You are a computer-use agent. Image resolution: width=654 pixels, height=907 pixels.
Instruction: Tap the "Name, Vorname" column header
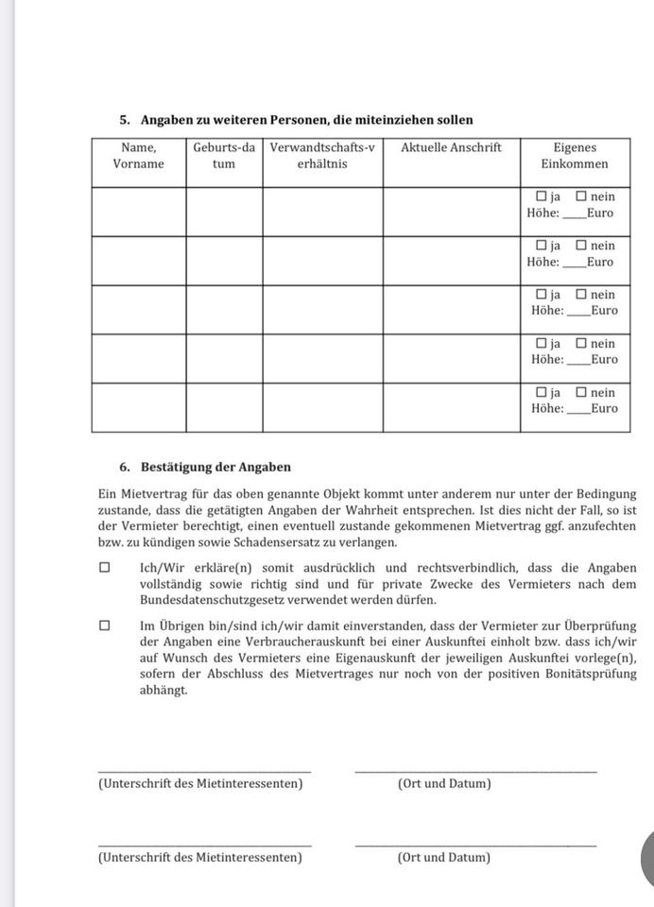pyautogui.click(x=138, y=156)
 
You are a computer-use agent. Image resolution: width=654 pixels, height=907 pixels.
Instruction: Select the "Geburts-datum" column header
pyautogui.click(x=224, y=156)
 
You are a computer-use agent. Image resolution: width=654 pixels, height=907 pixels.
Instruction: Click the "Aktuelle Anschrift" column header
pyautogui.click(x=451, y=147)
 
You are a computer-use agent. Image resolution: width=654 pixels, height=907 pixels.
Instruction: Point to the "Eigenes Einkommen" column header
pyautogui.click(x=575, y=156)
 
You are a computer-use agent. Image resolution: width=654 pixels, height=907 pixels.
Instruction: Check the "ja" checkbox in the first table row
pyautogui.click(x=542, y=197)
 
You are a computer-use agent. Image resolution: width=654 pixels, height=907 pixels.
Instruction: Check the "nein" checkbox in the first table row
pyautogui.click(x=581, y=197)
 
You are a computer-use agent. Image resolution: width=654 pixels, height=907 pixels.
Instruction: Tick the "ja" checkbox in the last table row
pyautogui.click(x=542, y=392)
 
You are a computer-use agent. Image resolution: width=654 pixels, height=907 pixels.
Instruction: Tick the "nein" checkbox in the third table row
pyautogui.click(x=581, y=295)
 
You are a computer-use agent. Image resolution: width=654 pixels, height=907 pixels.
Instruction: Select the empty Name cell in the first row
pyautogui.click(x=138, y=211)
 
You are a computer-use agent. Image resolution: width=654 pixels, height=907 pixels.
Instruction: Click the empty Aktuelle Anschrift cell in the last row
pyautogui.click(x=451, y=407)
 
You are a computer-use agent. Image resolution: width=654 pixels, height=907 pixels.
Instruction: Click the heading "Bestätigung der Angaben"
pyautogui.click(x=215, y=467)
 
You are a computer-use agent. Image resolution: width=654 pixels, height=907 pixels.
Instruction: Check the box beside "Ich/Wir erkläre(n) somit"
pyautogui.click(x=104, y=569)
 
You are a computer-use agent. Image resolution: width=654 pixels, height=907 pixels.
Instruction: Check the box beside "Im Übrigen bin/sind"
pyautogui.click(x=104, y=625)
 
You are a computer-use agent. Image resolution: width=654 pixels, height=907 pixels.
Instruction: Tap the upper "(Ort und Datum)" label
pyautogui.click(x=444, y=783)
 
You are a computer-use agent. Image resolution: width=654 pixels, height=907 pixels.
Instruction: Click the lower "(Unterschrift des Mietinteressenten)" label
pyautogui.click(x=199, y=857)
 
